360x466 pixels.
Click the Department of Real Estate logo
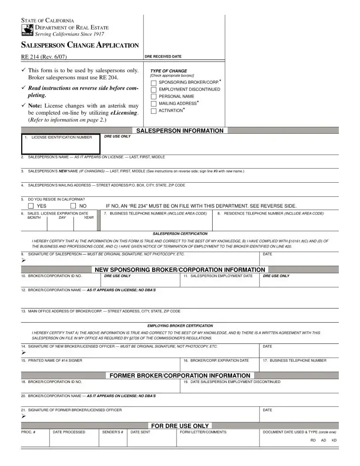pos(27,30)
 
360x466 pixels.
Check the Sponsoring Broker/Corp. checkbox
pos(154,83)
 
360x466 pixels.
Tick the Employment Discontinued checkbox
pos(154,90)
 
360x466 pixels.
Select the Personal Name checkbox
pos(154,97)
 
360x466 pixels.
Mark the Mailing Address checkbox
pos(154,104)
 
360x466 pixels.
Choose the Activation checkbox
pos(154,111)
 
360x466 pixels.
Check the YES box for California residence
pos(31,206)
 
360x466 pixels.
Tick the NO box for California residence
pos(73,206)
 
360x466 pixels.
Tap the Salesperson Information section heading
pos(180,131)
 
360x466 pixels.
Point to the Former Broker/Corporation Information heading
pos(180,376)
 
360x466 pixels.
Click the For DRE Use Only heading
pos(180,426)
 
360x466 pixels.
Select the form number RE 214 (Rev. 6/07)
pos(44,57)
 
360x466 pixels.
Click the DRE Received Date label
pos(163,56)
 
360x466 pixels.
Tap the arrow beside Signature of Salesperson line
pos(23,260)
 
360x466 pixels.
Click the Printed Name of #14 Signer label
pos(55,361)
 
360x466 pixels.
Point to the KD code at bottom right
pos(334,440)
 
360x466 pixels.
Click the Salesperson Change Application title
pos(80,45)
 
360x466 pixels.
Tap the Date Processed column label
pos(69,432)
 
